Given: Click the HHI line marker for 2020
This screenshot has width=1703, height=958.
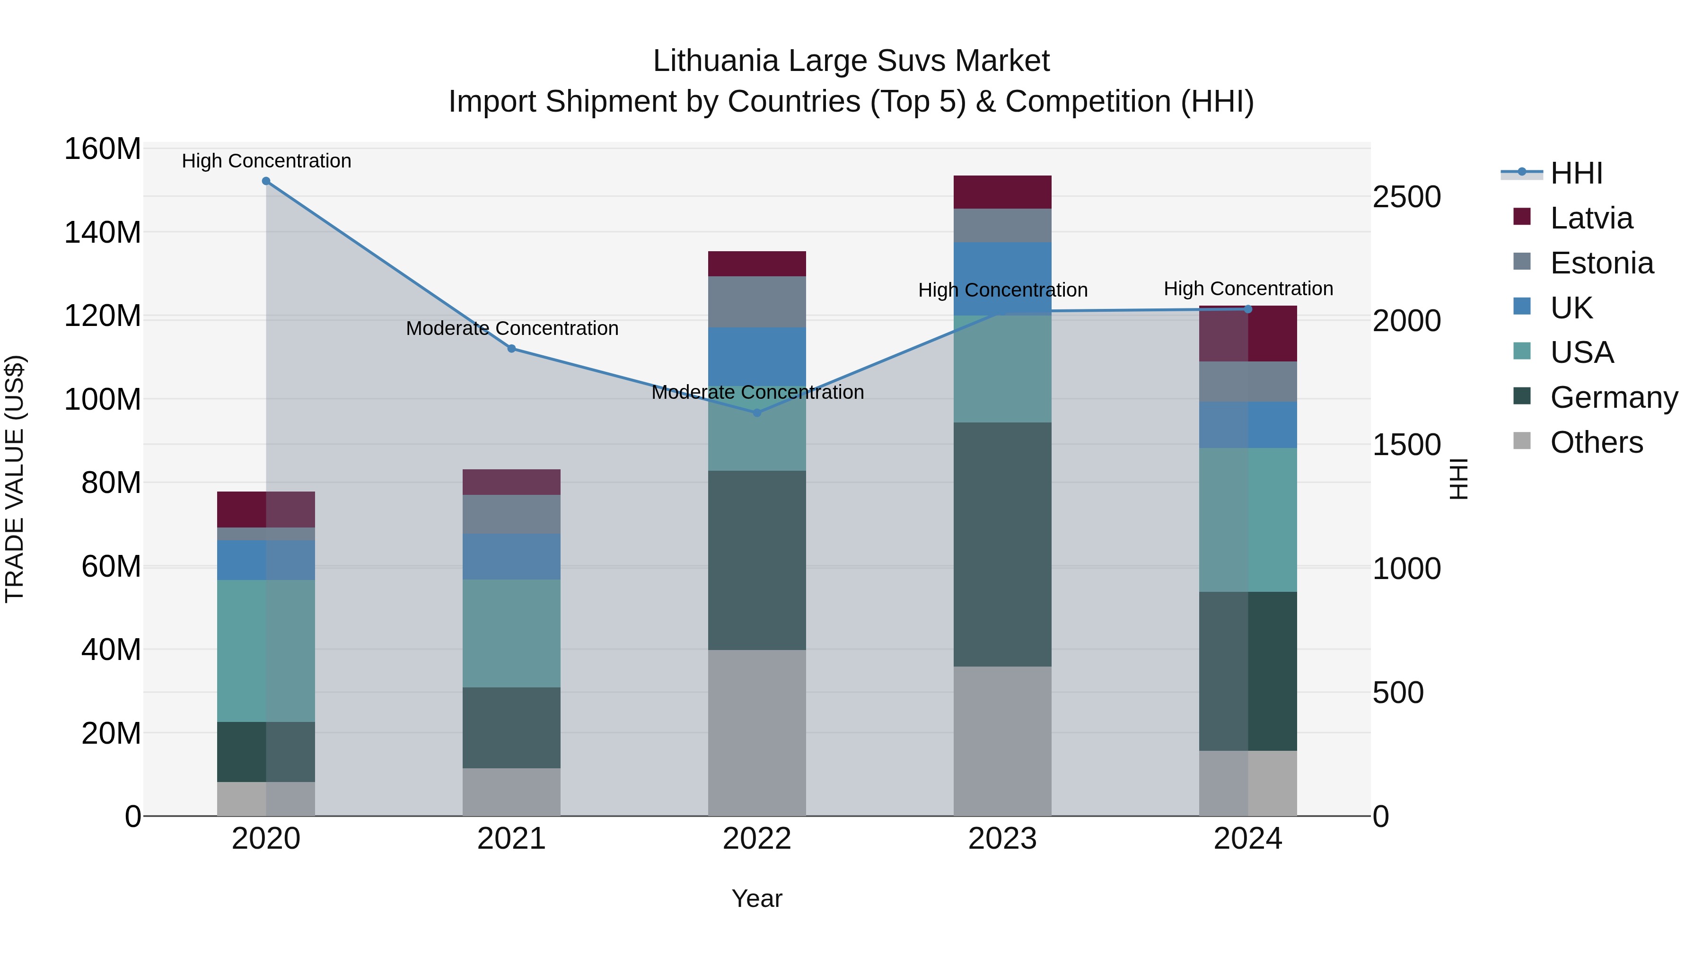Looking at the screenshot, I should click(266, 181).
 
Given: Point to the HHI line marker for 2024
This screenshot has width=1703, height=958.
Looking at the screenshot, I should click(1248, 309).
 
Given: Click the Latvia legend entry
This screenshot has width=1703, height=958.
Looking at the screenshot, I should click(1590, 218).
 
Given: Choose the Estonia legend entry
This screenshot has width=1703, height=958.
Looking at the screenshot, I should click(1601, 263).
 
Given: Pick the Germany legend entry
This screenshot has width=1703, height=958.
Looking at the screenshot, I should click(1613, 397).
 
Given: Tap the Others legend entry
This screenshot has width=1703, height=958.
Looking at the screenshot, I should click(1596, 442).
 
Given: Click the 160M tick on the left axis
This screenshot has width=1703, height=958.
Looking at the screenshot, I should click(103, 149).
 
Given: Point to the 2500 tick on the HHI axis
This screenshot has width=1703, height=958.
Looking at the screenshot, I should click(1407, 197).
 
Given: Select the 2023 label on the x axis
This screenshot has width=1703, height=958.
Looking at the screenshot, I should click(1002, 839).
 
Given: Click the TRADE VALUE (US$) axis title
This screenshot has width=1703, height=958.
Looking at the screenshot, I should click(15, 479).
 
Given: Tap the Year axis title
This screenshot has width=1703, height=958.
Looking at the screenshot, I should click(757, 898).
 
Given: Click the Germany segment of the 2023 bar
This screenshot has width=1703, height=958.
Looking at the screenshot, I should click(1002, 544).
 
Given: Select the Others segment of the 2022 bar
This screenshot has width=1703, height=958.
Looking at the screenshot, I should click(757, 732).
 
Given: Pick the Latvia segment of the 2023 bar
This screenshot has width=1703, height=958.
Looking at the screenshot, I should click(1002, 193).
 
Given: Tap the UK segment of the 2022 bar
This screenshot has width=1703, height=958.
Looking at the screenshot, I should click(757, 356).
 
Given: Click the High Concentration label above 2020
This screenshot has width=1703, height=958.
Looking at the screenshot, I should click(266, 161).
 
